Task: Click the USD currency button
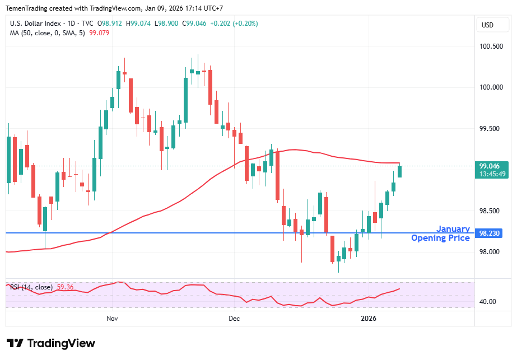coord(487,25)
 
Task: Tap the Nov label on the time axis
coord(112,319)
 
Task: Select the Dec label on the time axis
coord(234,319)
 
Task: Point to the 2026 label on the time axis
coord(369,319)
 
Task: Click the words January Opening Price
coord(441,233)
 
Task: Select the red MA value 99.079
coord(99,32)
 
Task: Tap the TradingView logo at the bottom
coord(51,343)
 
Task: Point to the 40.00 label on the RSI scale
coord(488,301)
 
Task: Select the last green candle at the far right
coord(399,171)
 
